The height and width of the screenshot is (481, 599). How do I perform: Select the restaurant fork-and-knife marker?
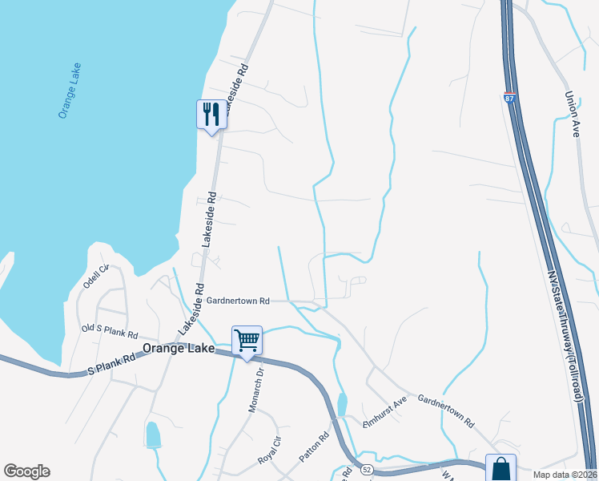click(211, 115)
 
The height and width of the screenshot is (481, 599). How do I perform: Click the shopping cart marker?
click(247, 340)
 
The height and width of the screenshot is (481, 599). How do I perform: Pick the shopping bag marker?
click(501, 467)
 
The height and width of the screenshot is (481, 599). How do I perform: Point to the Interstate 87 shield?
click(509, 98)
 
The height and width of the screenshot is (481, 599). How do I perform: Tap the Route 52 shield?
click(367, 467)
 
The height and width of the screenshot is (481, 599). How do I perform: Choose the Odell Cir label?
click(95, 277)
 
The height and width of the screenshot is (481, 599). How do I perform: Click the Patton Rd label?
click(315, 447)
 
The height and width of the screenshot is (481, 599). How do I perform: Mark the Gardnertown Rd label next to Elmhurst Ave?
click(446, 410)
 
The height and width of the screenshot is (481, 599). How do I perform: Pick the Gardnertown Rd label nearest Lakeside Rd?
click(238, 301)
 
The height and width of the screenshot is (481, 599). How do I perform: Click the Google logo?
click(26, 471)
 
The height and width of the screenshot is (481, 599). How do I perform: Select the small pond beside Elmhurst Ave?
click(343, 404)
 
